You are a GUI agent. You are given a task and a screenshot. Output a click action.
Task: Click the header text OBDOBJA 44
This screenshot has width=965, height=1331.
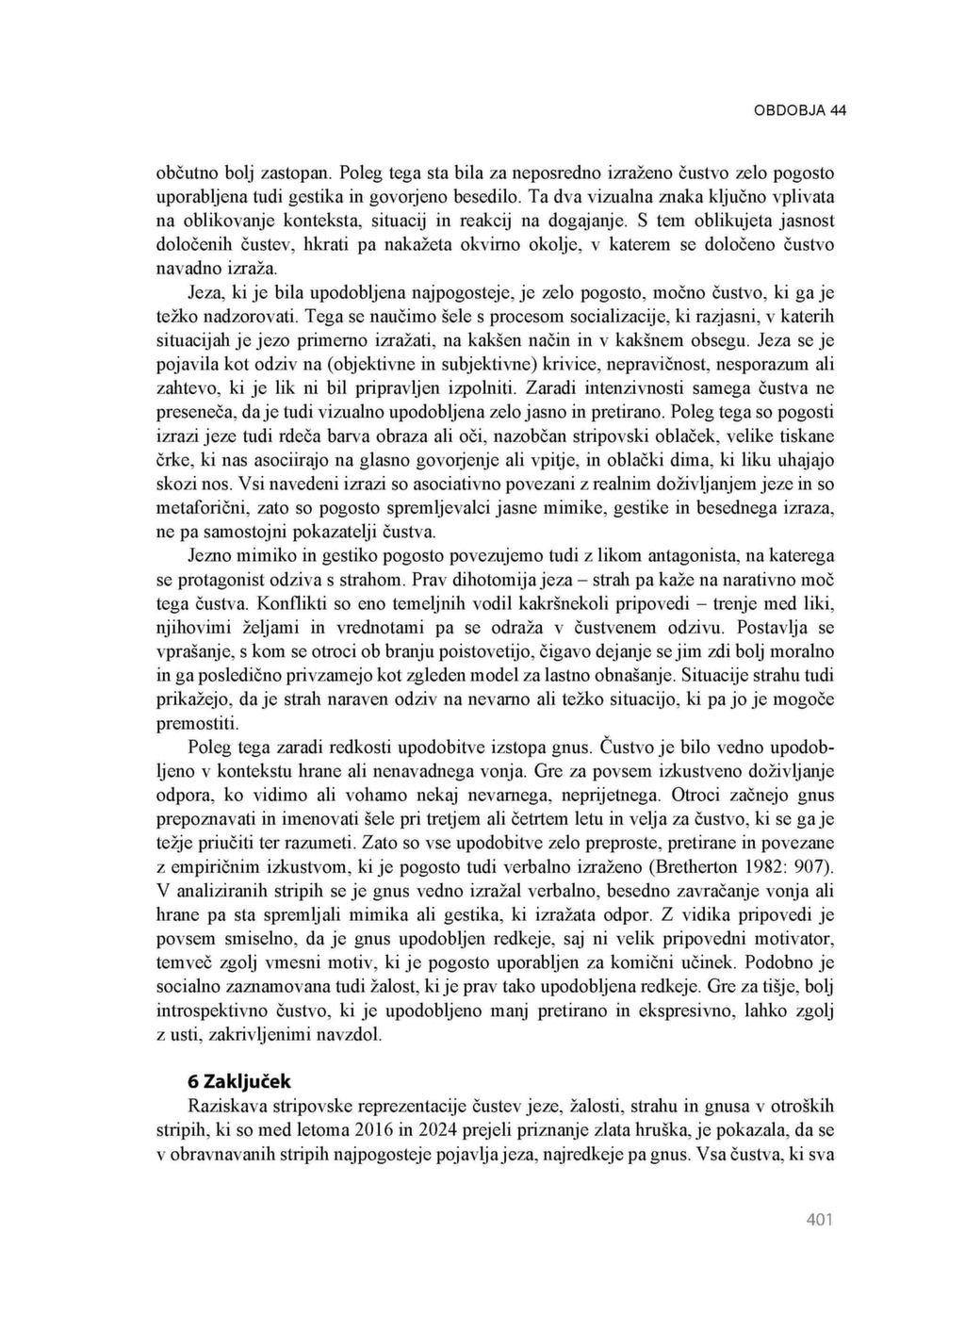pos(799,110)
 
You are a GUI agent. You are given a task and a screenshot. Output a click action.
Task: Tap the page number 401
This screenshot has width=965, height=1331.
pos(820,1221)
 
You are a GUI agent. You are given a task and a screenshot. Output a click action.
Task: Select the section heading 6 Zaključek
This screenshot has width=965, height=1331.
pos(239,1080)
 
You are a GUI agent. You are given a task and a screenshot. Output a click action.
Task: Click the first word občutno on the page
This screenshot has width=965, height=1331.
pos(185,173)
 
